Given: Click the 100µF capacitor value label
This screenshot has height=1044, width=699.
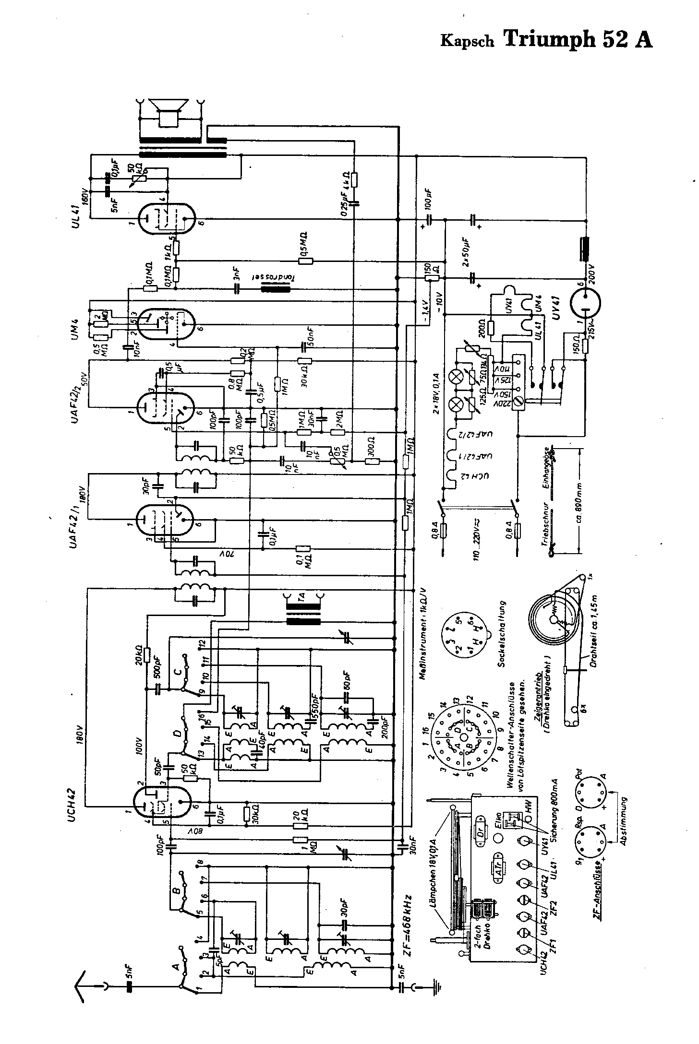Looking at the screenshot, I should coord(429,199).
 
